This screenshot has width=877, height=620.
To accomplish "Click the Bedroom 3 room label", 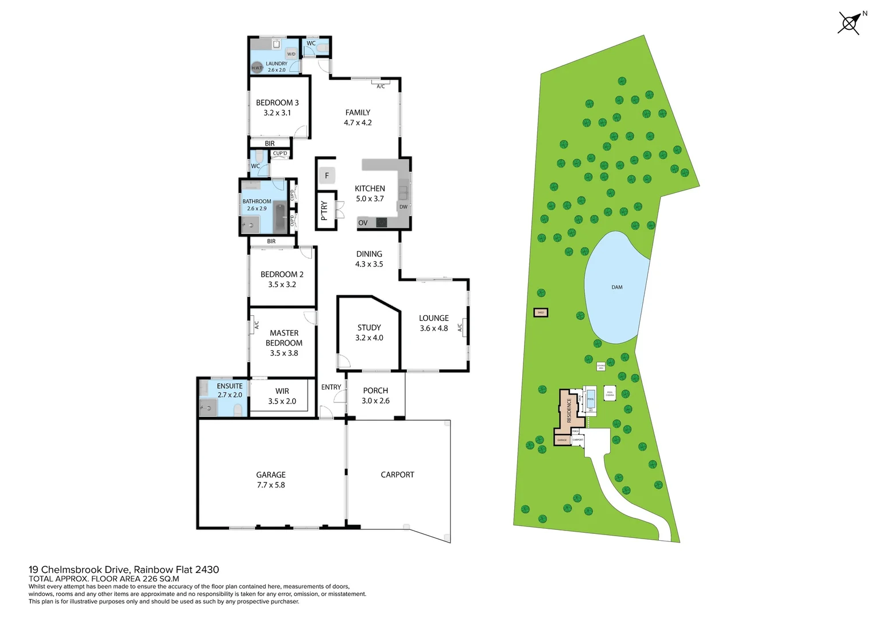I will coord(277,103).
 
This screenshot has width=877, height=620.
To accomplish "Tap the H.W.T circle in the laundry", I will coord(257,68).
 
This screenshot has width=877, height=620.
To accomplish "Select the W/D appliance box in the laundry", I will coord(291,54).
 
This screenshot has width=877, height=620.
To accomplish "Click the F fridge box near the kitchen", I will coord(327,175).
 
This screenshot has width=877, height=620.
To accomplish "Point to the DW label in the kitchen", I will coord(403,207).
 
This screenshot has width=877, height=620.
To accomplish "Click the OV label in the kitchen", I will coord(363,223).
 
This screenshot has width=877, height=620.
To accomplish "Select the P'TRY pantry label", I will coord(324,211).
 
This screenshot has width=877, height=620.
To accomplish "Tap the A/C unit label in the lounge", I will coord(460,328).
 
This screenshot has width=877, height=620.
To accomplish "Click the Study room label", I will coord(369,327).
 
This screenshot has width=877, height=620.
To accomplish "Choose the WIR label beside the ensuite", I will coord(282,391).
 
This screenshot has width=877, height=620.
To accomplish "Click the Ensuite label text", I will coord(230,386).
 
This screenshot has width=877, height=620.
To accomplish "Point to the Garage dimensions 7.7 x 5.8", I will coord(271,485).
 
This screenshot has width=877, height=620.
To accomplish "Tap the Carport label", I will coord(397,475).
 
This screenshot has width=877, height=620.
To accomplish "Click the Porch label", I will coord(375,390).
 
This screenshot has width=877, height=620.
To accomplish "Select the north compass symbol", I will coord(849,24).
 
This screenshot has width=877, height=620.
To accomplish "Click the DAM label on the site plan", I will coord(617,287).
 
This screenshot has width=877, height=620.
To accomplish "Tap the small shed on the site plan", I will coord(541,313).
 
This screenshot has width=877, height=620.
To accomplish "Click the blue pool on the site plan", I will coord(591,399).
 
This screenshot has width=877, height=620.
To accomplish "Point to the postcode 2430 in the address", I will coord(207,569).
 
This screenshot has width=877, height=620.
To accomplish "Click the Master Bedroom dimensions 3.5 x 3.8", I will coord(284,353).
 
